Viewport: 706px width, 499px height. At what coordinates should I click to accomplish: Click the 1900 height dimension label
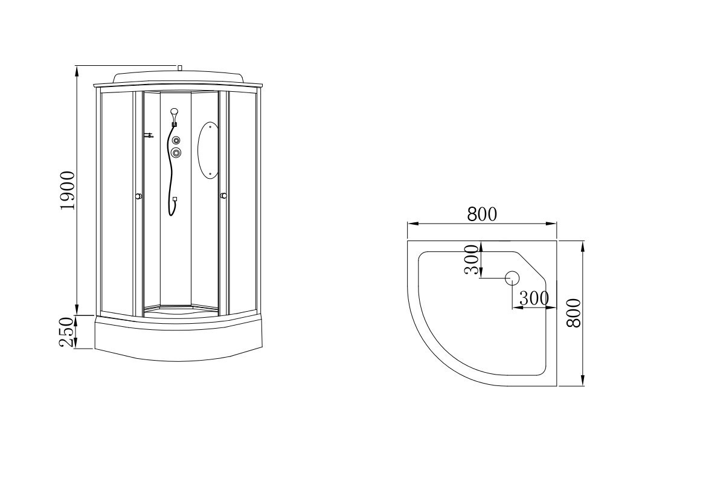point(66,190)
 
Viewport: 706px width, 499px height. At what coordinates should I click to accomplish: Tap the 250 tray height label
point(66,332)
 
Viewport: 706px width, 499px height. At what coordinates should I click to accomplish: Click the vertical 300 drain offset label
point(471,260)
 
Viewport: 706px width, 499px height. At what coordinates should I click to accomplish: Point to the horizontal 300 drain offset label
point(534,298)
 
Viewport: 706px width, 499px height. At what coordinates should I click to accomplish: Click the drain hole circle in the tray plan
point(512,278)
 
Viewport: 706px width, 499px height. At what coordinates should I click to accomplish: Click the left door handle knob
point(139,196)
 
